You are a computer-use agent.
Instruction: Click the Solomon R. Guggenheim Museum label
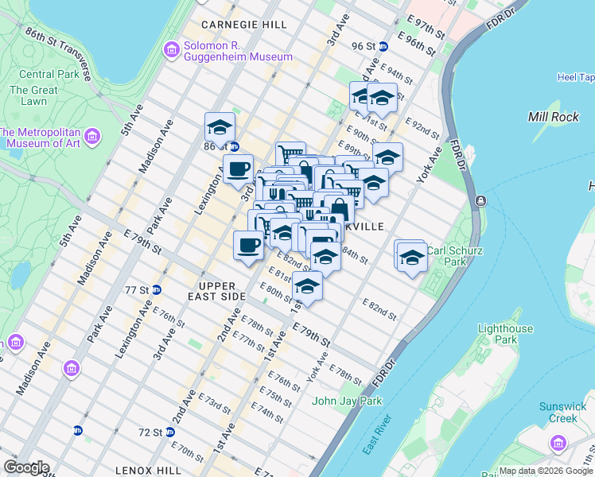(x=237, y=50)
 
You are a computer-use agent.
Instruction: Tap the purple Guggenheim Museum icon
(x=171, y=51)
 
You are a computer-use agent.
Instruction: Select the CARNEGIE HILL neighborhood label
(x=244, y=25)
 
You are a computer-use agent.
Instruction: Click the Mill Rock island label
(x=554, y=117)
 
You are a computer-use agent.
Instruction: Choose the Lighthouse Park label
(x=504, y=335)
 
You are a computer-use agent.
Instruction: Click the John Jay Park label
(x=348, y=401)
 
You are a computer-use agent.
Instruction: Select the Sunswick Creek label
(x=562, y=412)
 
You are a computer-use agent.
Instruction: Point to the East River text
(x=375, y=435)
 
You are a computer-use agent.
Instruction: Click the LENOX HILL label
(x=147, y=471)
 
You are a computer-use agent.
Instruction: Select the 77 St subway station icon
(x=157, y=290)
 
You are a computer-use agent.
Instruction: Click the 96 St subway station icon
(x=383, y=46)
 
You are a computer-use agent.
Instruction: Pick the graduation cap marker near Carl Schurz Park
(x=411, y=257)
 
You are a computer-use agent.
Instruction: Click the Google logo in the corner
(x=25, y=467)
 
